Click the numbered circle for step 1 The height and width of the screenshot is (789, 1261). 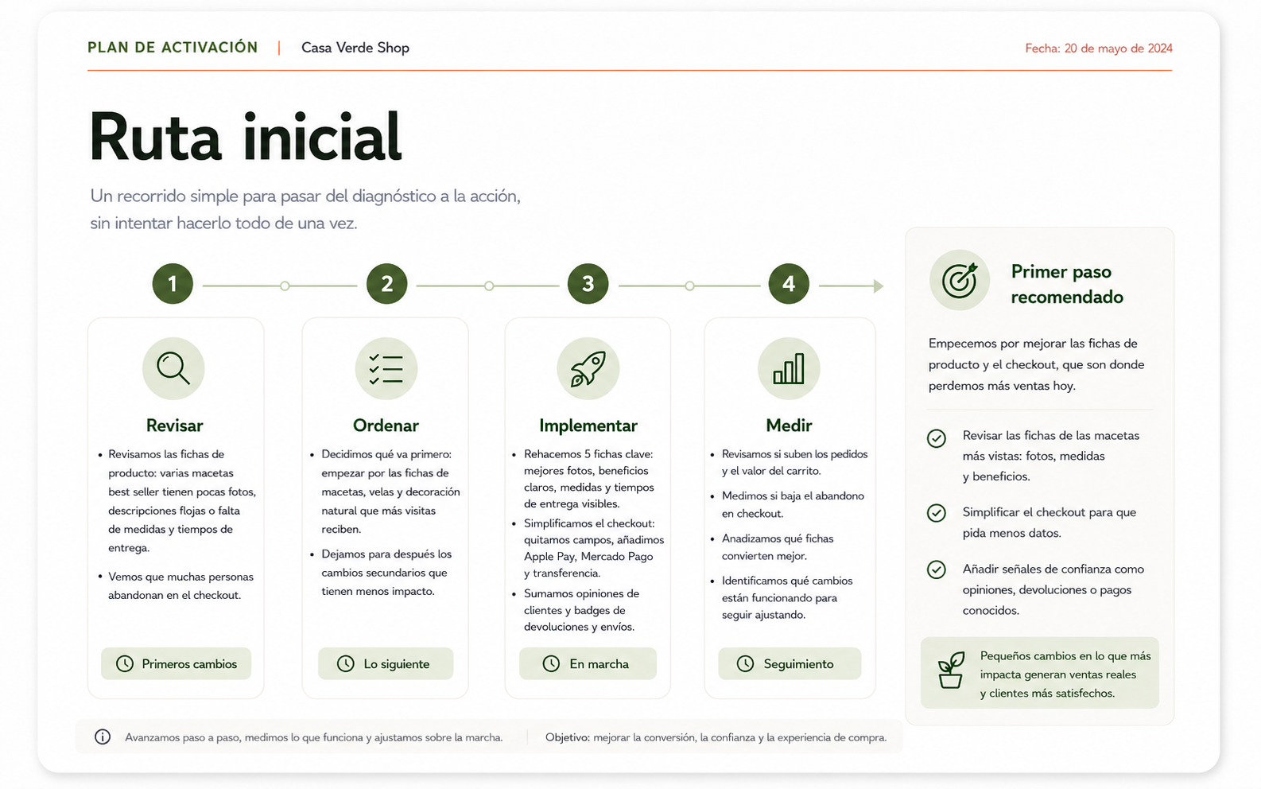173,284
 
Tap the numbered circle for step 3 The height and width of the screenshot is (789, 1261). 588,284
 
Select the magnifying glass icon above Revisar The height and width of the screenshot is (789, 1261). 173,368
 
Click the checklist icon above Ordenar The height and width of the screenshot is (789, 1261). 386,369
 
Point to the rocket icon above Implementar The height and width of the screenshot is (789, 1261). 588,369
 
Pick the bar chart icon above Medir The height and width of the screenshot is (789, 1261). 788,369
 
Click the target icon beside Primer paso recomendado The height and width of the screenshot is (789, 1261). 960,280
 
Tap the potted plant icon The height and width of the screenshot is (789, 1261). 951,670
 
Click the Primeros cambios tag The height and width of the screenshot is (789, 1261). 176,663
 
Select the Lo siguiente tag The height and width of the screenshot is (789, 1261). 386,663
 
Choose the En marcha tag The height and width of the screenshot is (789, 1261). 588,663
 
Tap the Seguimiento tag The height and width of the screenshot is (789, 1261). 790,663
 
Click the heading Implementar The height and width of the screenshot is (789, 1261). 588,426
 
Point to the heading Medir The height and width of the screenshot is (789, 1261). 789,426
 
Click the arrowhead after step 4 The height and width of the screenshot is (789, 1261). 879,286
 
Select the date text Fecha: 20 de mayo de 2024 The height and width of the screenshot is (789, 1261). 1098,49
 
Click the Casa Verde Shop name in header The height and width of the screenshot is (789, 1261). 355,48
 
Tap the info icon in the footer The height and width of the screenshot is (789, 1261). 103,737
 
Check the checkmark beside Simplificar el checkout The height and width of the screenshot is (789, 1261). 936,513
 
